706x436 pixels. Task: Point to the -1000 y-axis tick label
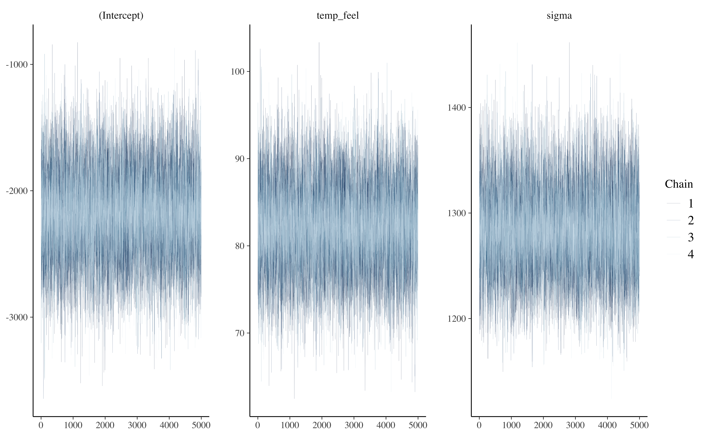17,65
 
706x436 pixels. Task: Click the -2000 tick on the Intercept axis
17,191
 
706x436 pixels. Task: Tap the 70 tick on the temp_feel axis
239,333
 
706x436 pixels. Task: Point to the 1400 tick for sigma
457,108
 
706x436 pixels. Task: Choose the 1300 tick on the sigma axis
457,213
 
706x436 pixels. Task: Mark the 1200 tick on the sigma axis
457,319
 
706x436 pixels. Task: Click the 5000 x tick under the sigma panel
639,425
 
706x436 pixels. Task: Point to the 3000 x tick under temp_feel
354,425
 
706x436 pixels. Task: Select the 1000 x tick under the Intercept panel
73,425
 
